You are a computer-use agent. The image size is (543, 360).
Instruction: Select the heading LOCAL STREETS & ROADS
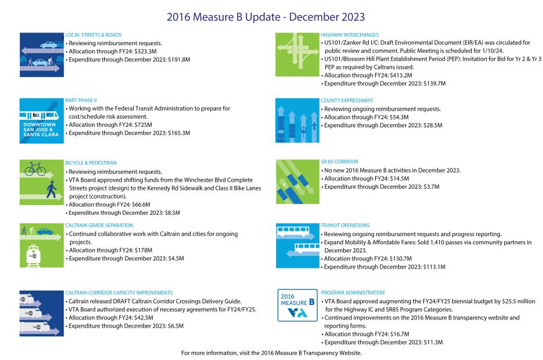click(93, 35)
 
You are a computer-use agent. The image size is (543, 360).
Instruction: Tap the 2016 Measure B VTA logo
click(297, 304)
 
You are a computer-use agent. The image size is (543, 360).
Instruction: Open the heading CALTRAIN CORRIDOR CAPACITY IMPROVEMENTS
click(119, 293)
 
